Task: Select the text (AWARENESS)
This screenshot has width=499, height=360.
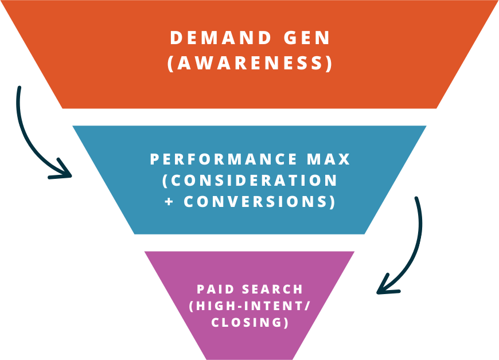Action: click(x=250, y=63)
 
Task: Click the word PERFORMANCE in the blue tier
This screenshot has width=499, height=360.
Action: click(x=216, y=159)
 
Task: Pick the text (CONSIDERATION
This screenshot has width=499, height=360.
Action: click(x=250, y=181)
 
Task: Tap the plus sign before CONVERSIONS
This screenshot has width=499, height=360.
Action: click(x=169, y=202)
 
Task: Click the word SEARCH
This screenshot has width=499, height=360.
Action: click(x=273, y=289)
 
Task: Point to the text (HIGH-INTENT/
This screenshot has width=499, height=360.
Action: click(x=250, y=306)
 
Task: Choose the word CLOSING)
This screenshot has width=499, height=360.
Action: click(x=250, y=322)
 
